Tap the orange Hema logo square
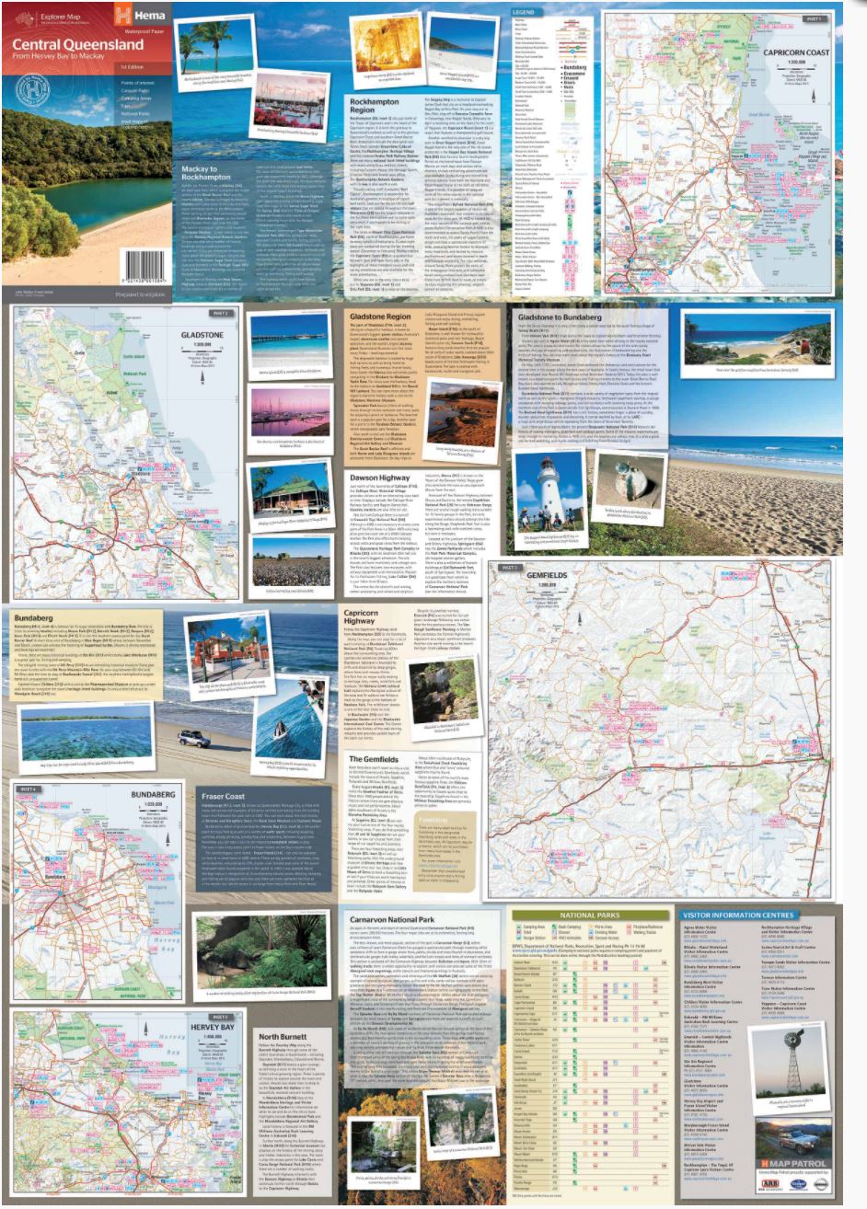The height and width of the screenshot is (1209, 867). click(116, 15)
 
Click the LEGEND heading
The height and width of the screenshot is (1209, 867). click(525, 12)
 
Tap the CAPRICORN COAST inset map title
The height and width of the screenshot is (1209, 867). click(795, 52)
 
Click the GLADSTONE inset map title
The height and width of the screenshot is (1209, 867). click(202, 338)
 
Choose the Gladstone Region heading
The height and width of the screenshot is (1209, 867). click(380, 317)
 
